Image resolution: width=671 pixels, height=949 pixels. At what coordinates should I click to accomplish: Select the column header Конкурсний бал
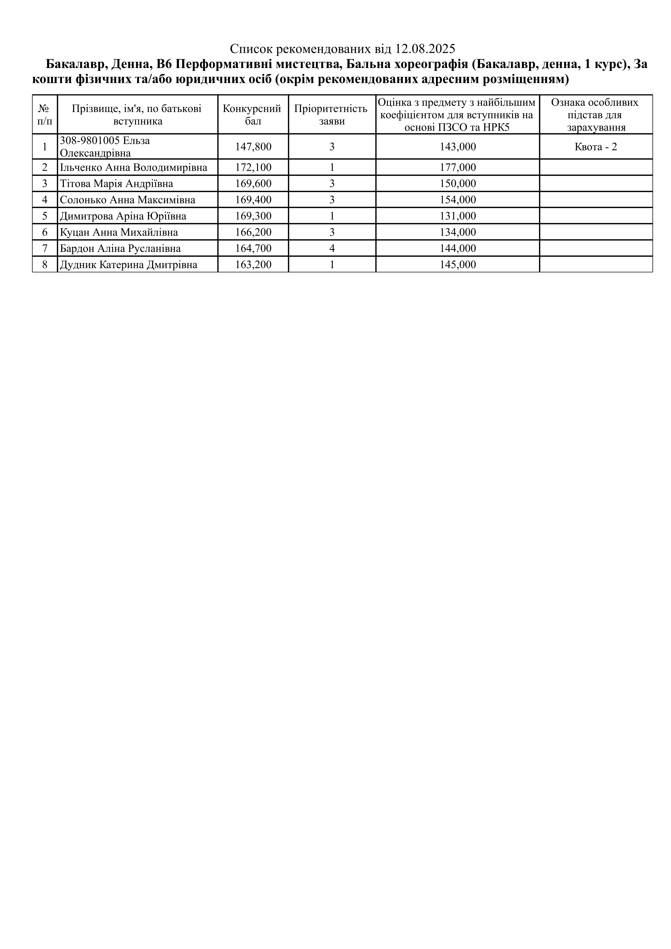click(x=253, y=114)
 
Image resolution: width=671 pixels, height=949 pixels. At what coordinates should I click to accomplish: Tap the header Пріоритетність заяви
click(x=332, y=114)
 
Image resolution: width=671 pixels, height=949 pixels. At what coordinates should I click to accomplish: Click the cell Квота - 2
click(x=596, y=147)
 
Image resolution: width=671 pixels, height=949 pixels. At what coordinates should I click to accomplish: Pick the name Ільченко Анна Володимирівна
click(x=133, y=168)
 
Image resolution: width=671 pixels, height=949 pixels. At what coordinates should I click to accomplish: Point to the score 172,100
click(x=253, y=168)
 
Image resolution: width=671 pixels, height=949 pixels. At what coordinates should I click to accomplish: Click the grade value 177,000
click(x=458, y=168)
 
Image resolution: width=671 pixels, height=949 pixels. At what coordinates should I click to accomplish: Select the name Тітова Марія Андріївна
click(x=117, y=183)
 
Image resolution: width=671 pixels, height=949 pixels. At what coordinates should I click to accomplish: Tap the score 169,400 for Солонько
click(x=253, y=200)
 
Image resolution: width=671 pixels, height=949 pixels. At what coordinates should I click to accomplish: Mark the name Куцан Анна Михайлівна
click(x=119, y=232)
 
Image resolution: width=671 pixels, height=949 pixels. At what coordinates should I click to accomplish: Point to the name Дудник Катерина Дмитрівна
click(x=129, y=265)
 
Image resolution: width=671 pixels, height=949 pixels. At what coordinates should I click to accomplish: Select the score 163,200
click(x=253, y=265)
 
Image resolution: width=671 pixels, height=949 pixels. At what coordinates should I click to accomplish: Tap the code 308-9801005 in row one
click(x=90, y=140)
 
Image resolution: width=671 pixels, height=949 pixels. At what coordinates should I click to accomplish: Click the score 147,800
click(x=253, y=147)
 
